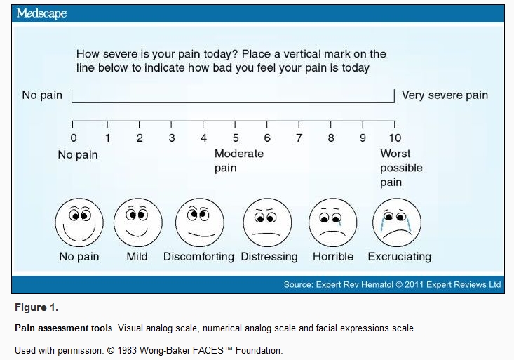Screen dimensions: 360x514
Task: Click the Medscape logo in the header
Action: coord(41,14)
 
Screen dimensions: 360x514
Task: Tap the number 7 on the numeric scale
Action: coord(299,138)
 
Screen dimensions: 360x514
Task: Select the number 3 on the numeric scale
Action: coord(172,138)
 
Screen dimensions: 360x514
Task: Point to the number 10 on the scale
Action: coord(395,138)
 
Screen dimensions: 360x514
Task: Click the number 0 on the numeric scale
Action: coord(74,138)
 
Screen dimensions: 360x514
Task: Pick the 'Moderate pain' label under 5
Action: coord(239,161)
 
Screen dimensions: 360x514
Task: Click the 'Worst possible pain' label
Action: coord(401,168)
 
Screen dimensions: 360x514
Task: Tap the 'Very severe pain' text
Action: coord(445,95)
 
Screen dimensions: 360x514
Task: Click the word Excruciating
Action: coord(399,257)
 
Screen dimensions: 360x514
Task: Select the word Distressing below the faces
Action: coord(269,257)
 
